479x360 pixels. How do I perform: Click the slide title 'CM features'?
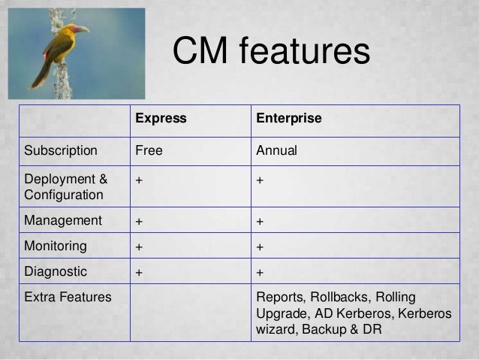(x=271, y=54)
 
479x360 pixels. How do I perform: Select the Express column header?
(x=160, y=119)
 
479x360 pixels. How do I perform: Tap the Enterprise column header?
(x=289, y=119)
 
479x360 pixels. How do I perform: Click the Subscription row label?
(x=61, y=150)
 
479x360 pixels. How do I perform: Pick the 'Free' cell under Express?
(x=148, y=150)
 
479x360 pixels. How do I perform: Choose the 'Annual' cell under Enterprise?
(x=277, y=150)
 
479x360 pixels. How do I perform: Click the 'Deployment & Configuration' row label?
(x=65, y=186)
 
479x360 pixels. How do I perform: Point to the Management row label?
(x=62, y=221)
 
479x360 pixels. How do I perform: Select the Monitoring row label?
(x=56, y=246)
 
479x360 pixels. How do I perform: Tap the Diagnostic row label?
(x=56, y=271)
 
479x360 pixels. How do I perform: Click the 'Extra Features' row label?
(x=68, y=297)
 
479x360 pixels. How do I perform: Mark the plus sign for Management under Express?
(x=139, y=222)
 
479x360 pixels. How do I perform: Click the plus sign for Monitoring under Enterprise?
(x=260, y=247)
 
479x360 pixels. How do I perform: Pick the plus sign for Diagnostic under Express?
(x=139, y=272)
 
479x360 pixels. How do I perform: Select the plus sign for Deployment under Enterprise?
(x=260, y=180)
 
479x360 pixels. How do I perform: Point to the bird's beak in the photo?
(x=81, y=29)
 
